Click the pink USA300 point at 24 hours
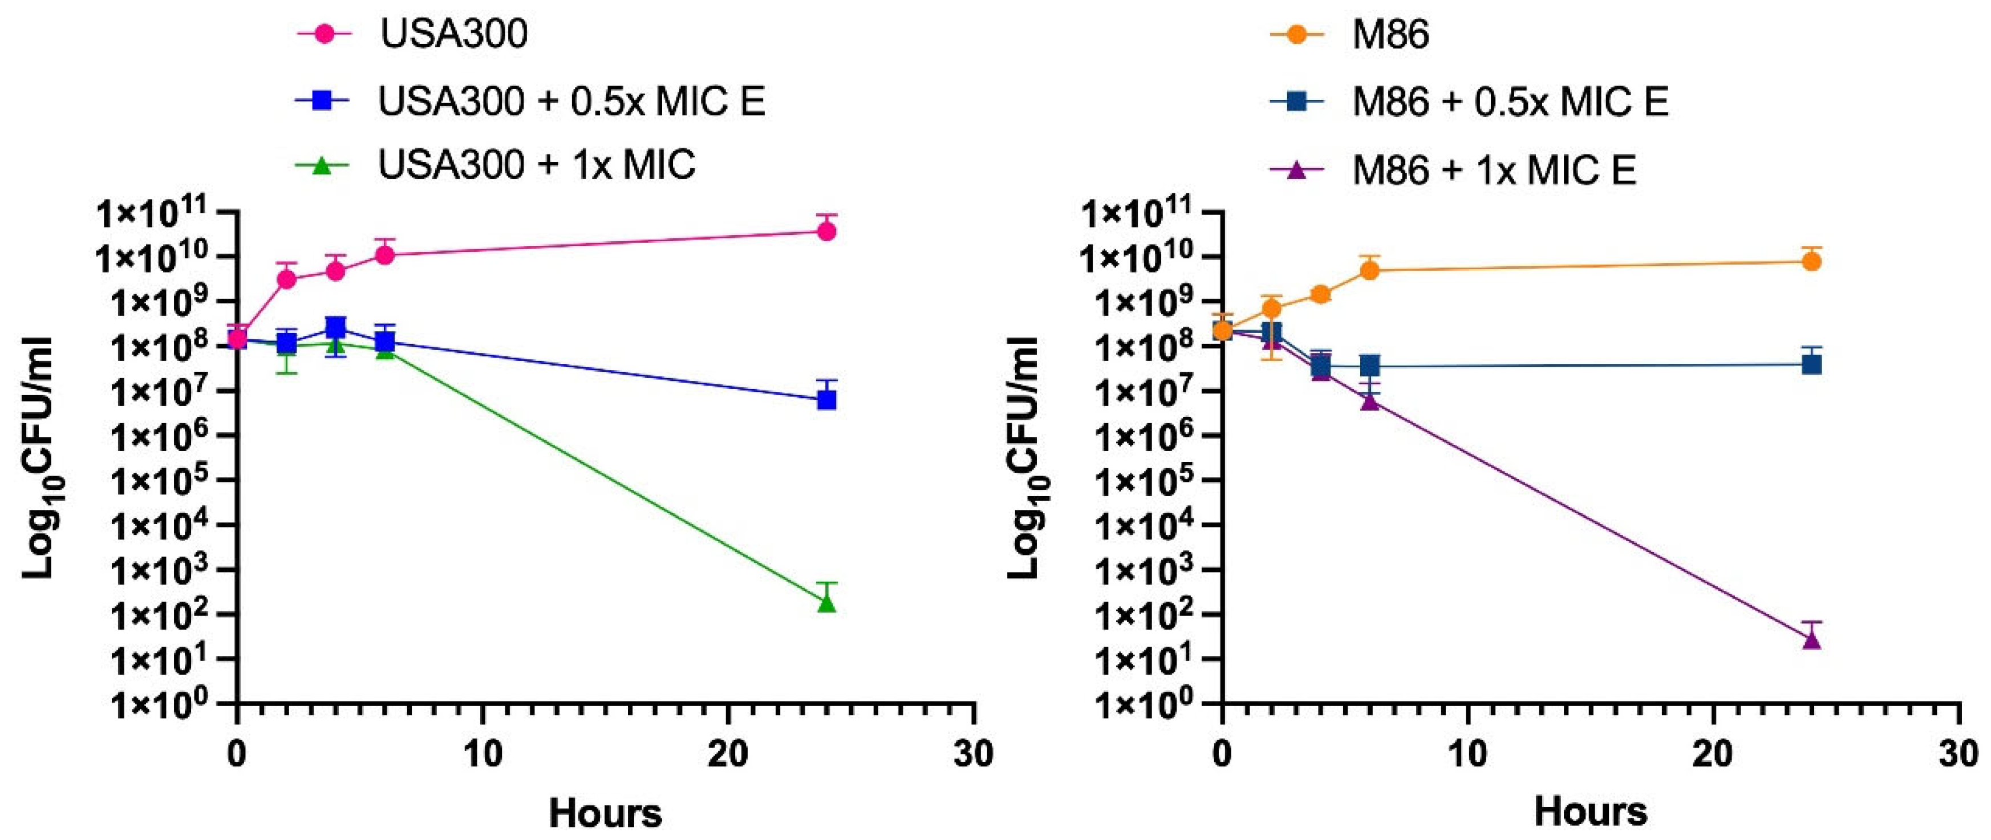[826, 231]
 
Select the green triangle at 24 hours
[826, 602]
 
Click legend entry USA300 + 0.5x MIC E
[572, 102]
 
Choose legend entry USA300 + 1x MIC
[537, 165]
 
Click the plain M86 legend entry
[1390, 35]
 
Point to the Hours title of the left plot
[605, 814]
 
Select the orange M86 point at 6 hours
[1369, 270]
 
